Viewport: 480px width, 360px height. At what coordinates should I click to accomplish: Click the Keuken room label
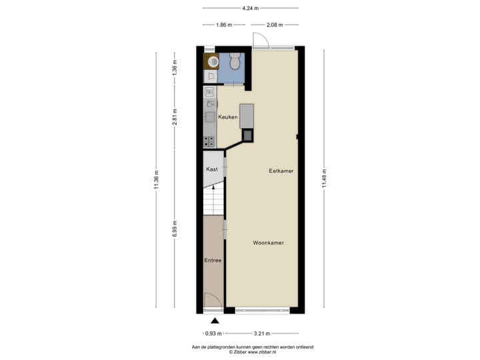coord(228,117)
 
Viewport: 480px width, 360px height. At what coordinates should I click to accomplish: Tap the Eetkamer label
coord(281,171)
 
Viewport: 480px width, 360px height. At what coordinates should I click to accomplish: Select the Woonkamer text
coord(269,243)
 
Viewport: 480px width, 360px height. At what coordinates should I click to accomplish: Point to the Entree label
coord(213,260)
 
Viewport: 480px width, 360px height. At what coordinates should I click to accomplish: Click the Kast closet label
coord(212,169)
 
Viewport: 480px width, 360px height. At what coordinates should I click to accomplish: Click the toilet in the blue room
coord(235,62)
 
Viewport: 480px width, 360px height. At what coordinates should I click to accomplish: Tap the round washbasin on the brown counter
coord(213,62)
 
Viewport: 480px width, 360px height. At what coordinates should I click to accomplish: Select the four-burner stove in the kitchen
coord(209,141)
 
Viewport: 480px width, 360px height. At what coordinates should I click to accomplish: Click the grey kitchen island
coord(247,115)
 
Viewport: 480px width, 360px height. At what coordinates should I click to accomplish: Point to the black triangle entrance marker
coord(215,321)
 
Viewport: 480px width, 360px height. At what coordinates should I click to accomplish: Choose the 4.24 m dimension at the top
coord(250,8)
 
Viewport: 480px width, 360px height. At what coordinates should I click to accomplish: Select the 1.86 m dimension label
coord(224,25)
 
